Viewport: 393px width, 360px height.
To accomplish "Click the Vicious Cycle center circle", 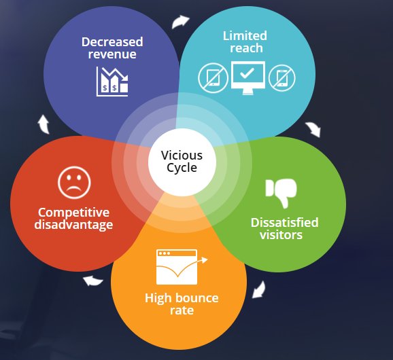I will coord(182,161).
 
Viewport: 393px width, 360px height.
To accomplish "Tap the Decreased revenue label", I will coord(112,48).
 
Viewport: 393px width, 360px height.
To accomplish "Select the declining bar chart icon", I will coord(112,82).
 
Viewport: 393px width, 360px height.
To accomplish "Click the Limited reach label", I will coord(246,41).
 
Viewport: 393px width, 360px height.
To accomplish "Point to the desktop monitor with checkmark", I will coord(247,77).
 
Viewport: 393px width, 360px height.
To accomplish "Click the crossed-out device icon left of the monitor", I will coord(212,78).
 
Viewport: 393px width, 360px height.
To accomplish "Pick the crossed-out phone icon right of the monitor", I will coord(281,78).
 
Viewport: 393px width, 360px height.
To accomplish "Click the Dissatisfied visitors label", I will coord(284,228).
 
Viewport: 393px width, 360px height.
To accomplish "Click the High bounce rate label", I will coord(182,304).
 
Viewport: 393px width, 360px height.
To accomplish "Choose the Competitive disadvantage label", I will coord(75,218).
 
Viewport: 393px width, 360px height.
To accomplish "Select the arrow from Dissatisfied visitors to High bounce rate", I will coord(258,291).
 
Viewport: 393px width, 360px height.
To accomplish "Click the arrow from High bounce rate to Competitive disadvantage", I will coord(92,280).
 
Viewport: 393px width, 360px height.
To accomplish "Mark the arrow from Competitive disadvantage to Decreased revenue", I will coord(43,123).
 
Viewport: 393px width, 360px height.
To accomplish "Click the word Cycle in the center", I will coord(182,168).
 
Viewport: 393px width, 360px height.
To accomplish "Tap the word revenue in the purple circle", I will coord(112,54).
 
